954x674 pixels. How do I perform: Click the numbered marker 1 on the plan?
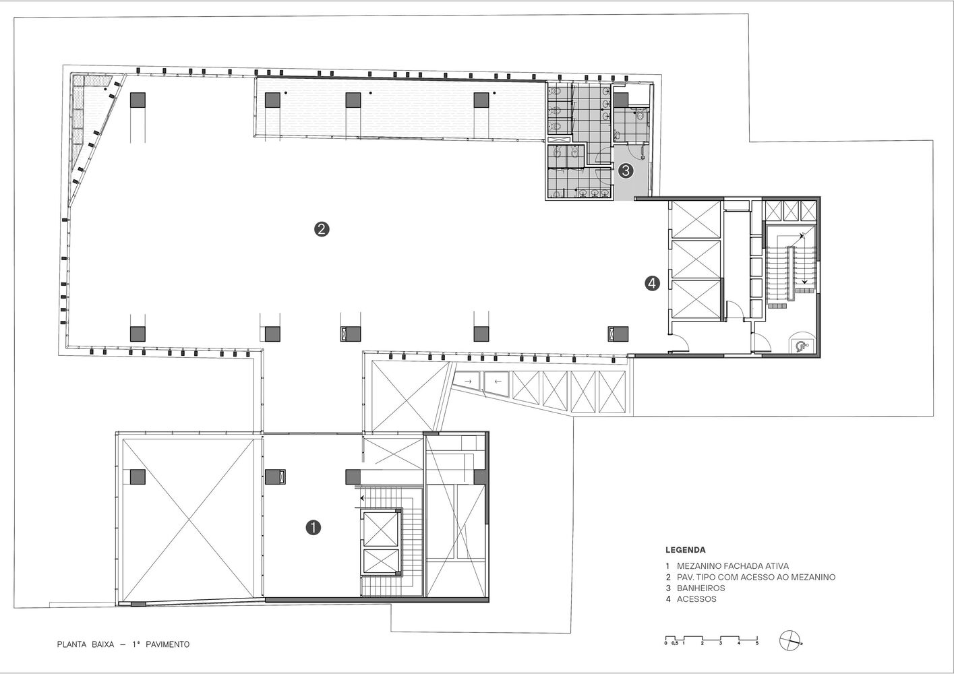[x=314, y=528]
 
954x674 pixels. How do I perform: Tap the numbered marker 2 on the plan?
[x=322, y=229]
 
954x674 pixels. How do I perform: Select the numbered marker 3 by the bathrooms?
[x=626, y=171]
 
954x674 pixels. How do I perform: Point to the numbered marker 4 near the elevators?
[x=653, y=283]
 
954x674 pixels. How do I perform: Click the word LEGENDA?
[x=685, y=550]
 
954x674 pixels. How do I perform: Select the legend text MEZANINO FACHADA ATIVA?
[x=733, y=566]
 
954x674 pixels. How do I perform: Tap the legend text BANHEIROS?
[x=700, y=588]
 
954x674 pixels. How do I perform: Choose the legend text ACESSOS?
[x=696, y=599]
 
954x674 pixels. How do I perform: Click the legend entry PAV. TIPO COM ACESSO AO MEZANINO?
[x=756, y=577]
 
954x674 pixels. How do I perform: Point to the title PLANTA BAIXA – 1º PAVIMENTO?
[x=123, y=644]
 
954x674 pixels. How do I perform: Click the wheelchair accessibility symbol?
[x=801, y=346]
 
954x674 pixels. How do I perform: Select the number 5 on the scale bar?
[x=757, y=643]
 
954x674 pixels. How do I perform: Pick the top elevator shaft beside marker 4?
[x=696, y=219]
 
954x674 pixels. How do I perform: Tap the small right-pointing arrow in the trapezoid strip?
[x=468, y=381]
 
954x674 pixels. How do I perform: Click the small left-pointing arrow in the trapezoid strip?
[x=498, y=381]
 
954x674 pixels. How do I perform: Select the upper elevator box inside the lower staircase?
[x=380, y=529]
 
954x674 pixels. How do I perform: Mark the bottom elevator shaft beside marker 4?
[x=696, y=299]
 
